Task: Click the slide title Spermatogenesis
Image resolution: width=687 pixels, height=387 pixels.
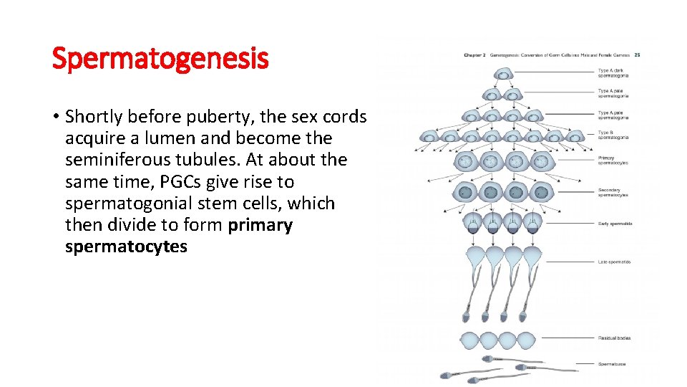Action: (160, 59)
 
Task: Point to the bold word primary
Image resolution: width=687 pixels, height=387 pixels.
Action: (260, 225)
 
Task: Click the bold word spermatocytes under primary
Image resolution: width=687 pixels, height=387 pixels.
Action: (126, 247)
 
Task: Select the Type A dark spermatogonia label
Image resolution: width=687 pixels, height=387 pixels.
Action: (613, 72)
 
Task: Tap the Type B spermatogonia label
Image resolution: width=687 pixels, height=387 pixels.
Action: (613, 135)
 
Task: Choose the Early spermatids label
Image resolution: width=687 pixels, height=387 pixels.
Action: (615, 224)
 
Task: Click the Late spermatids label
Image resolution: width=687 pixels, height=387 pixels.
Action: (614, 262)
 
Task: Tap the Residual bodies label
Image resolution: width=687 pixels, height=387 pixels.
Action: (614, 338)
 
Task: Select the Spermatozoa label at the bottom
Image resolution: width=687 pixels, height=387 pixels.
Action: (612, 364)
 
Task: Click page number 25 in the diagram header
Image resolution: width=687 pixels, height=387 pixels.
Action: (637, 55)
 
